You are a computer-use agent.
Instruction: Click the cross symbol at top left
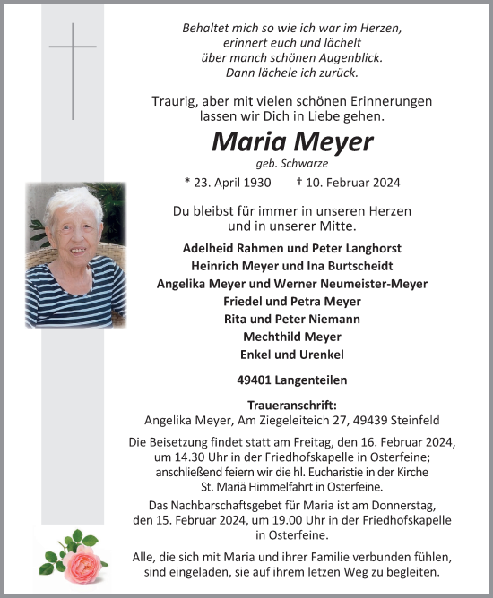click(x=72, y=57)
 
